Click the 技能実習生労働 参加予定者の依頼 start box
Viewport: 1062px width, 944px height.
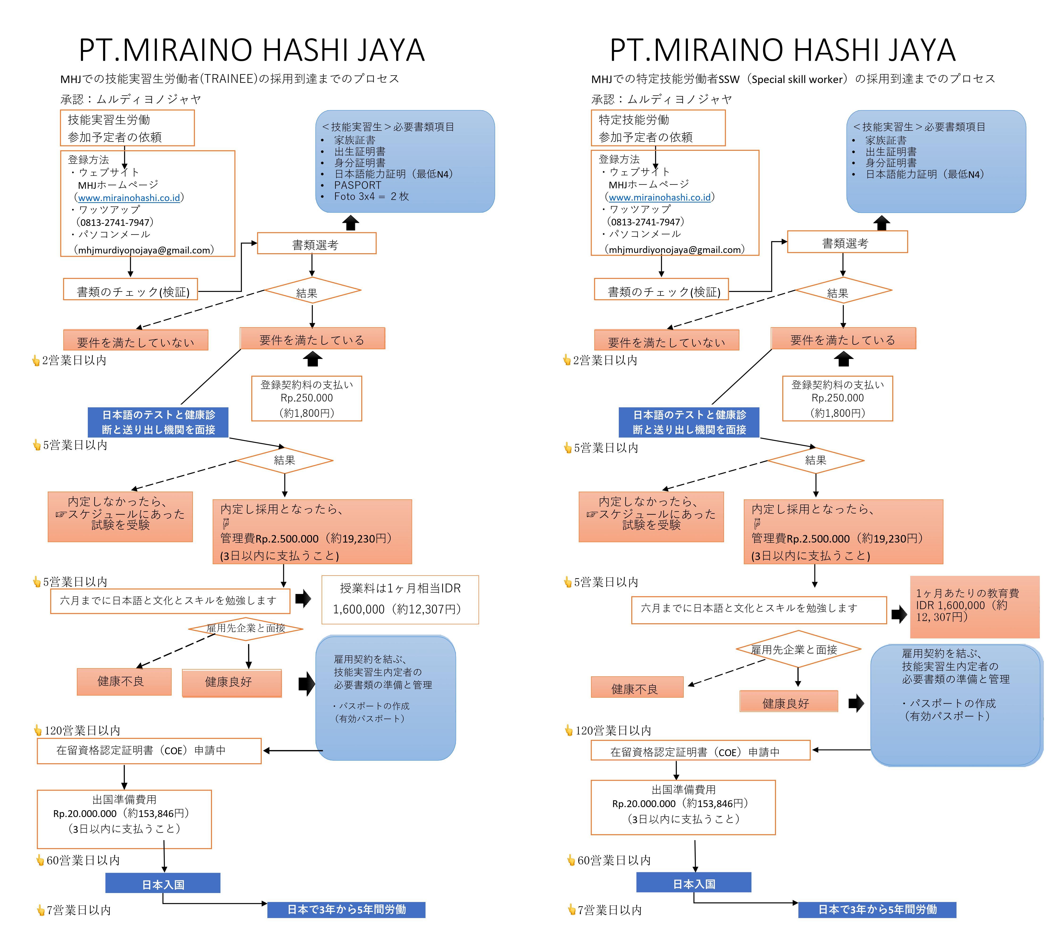(x=127, y=128)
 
